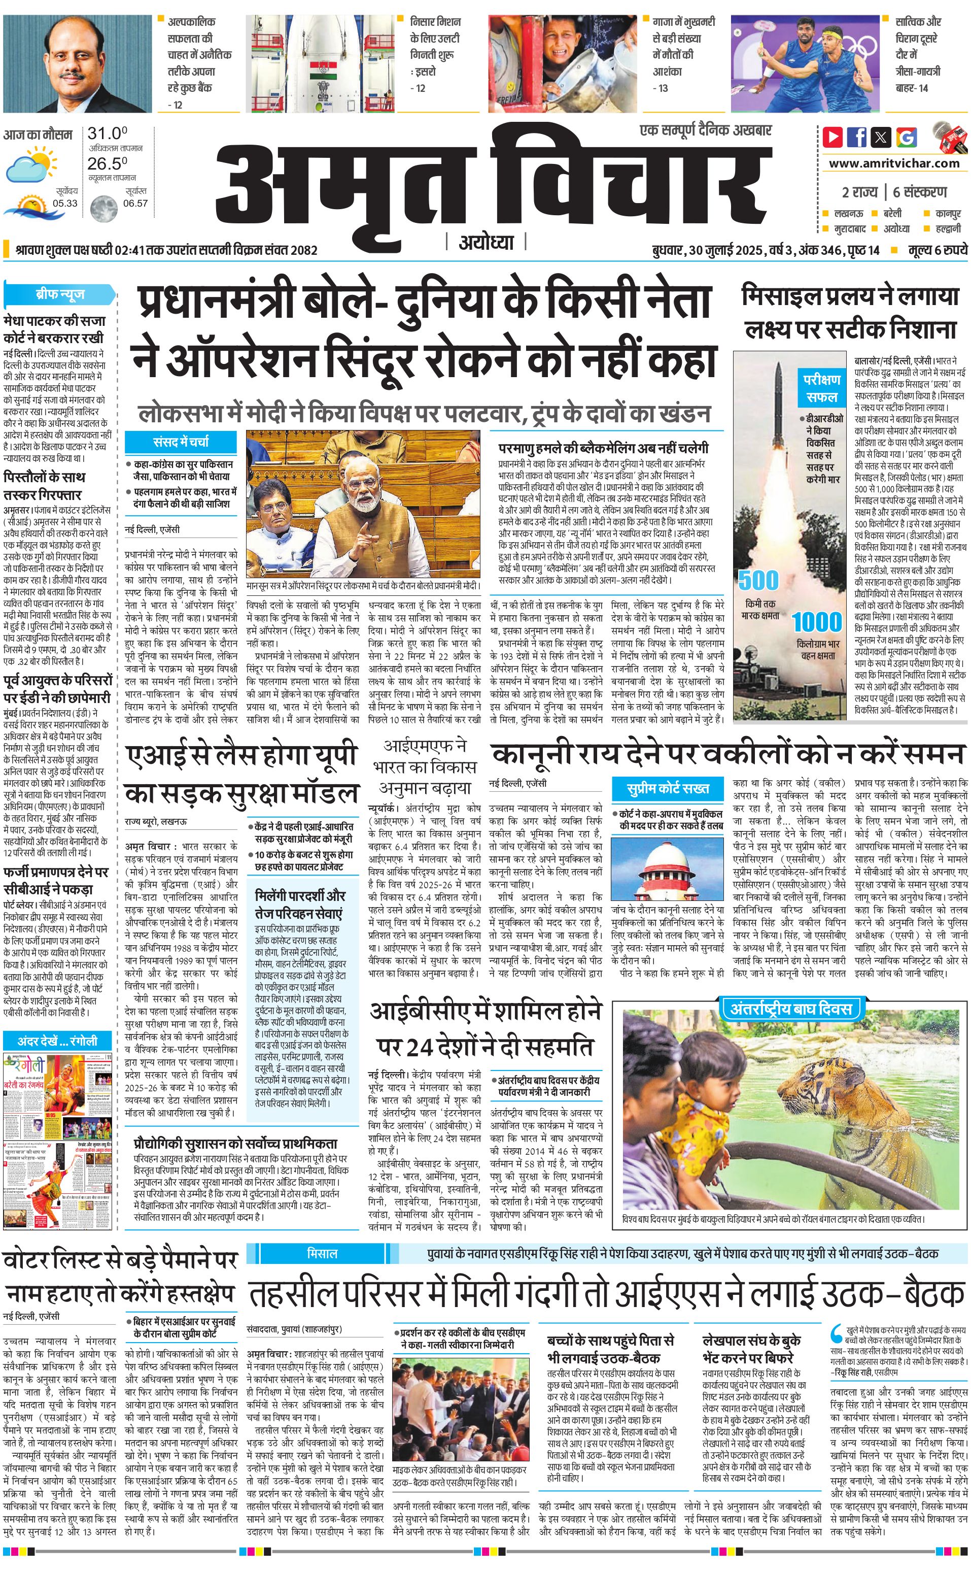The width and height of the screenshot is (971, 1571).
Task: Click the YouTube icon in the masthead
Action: pos(833,137)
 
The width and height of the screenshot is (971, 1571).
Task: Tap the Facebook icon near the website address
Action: pos(857,137)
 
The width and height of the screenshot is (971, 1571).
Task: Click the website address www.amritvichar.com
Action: pos(894,163)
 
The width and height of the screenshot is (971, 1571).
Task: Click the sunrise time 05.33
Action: pos(65,204)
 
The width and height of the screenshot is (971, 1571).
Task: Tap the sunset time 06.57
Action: pos(135,204)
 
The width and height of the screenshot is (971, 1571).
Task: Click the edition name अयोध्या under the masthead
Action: pos(486,242)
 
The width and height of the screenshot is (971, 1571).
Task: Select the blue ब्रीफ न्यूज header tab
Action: pos(60,295)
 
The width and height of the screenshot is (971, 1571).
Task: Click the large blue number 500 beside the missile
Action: pos(758,580)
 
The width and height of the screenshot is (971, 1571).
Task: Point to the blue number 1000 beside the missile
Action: pos(816,621)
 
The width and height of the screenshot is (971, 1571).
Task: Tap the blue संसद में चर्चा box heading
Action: pos(181,442)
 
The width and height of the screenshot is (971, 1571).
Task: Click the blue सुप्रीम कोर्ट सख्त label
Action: pos(668,788)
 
